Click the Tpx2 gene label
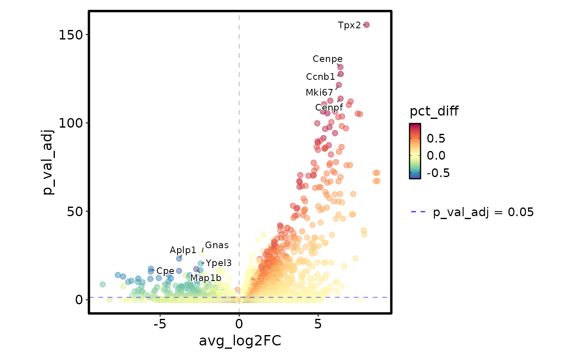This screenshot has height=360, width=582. pyautogui.click(x=349, y=25)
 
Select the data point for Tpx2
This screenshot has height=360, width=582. pyautogui.click(x=366, y=25)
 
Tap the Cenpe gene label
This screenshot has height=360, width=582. pyautogui.click(x=328, y=59)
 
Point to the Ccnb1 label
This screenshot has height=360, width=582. pyautogui.click(x=321, y=77)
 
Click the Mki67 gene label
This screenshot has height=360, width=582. pyautogui.click(x=319, y=93)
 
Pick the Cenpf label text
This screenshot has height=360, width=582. pyautogui.click(x=329, y=108)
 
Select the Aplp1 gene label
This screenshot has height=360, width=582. pyautogui.click(x=183, y=250)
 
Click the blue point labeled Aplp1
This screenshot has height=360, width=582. pyautogui.click(x=179, y=259)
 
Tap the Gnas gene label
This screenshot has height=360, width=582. pyautogui.click(x=217, y=245)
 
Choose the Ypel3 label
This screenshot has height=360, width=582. pyautogui.click(x=219, y=263)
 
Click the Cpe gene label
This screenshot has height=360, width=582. pyautogui.click(x=165, y=271)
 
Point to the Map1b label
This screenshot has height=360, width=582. pyautogui.click(x=206, y=278)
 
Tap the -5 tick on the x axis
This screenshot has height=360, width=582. pyautogui.click(x=160, y=324)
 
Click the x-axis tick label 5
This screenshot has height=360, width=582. pyautogui.click(x=318, y=324)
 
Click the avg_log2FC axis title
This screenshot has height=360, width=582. pyautogui.click(x=240, y=341)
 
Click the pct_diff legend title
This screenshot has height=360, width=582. pyautogui.click(x=434, y=111)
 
